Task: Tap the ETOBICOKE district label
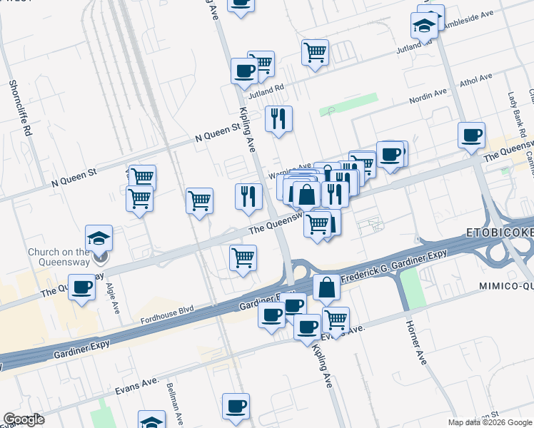coord(500,233)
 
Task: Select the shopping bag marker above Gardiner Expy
coord(326,287)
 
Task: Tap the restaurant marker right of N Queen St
coord(278,119)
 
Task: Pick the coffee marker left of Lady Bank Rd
coord(471,136)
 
